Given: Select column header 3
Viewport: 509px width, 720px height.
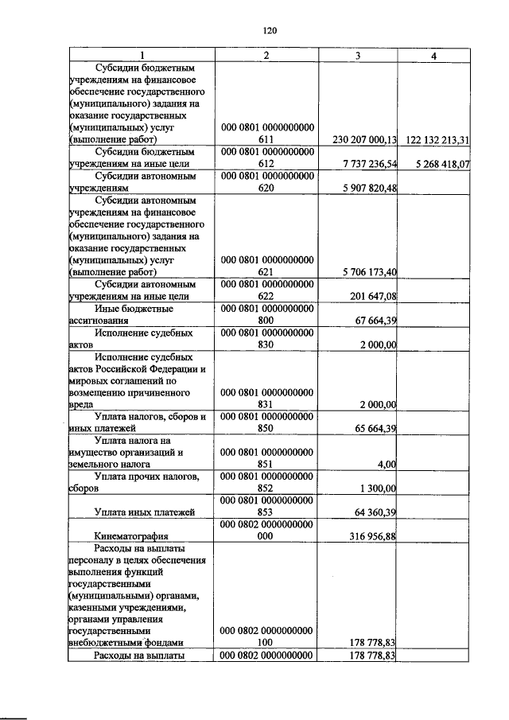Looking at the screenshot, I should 358,56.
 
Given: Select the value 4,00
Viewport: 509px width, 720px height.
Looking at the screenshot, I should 385,465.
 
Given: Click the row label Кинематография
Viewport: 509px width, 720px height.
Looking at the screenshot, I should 129,536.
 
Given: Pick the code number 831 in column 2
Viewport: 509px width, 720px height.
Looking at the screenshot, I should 267,405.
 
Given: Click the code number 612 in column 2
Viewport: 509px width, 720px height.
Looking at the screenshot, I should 267,165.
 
